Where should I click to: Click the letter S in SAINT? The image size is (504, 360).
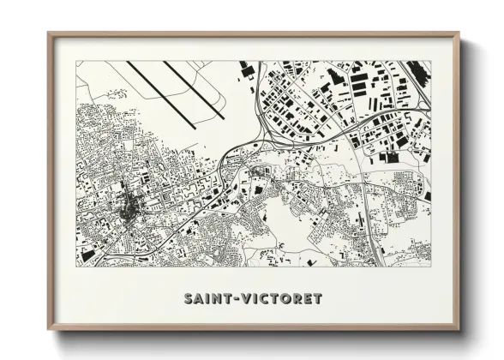[188, 299]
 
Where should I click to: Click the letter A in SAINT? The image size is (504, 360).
[197, 299]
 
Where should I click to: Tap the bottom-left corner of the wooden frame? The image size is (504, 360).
[50, 330]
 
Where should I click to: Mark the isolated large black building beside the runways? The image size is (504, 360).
[245, 68]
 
